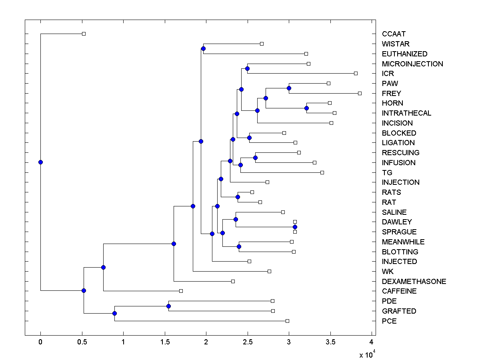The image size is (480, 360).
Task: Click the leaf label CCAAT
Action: point(394,34)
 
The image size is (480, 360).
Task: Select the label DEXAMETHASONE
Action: point(414,281)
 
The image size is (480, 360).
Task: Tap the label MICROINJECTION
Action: point(412,64)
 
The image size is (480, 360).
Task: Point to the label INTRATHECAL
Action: point(406,113)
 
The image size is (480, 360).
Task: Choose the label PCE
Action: point(389,321)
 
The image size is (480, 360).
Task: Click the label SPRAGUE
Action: point(399,232)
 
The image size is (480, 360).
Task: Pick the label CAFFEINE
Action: point(399,291)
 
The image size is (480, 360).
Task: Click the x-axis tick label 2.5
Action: point(247,342)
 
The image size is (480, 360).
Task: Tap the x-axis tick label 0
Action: point(40,342)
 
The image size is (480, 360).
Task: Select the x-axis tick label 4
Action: point(372,342)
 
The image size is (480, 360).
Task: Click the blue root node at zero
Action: point(40,162)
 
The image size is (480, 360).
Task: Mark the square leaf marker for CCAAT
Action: point(84,34)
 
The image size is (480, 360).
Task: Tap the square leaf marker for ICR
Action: point(356,73)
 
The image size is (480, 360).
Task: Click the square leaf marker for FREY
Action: point(360,93)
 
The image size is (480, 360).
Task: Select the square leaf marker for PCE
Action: point(287,321)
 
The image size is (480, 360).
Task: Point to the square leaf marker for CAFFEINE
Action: point(181,291)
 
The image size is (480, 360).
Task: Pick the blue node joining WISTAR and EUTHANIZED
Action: point(203,48)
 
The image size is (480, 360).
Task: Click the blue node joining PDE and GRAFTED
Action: point(168,306)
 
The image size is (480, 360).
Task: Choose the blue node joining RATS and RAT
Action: point(238,197)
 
